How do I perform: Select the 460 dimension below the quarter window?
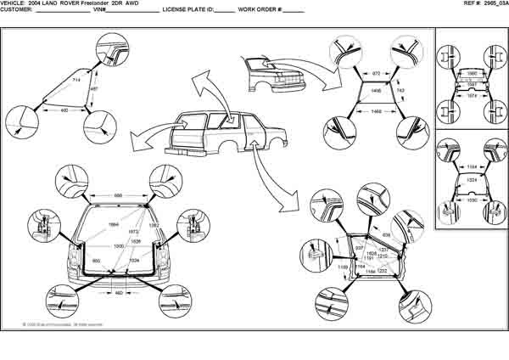[x=65, y=110]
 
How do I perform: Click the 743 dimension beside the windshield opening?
[x=400, y=89]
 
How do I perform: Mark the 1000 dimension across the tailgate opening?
[x=119, y=245]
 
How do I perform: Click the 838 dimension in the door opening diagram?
[x=386, y=234]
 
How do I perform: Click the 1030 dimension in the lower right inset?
[x=471, y=200]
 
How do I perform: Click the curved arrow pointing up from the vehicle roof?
[x=202, y=85]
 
